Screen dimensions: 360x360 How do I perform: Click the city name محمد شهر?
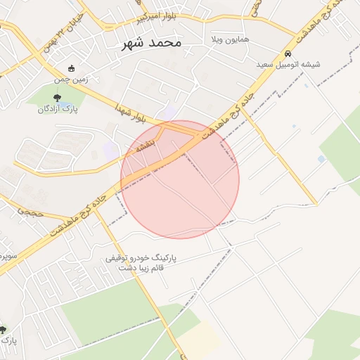pos(151,43)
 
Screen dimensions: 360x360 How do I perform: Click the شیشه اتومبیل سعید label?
pos(288,64)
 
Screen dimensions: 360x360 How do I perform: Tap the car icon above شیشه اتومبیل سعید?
pos(288,53)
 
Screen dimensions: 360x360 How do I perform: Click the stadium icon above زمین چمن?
pos(71,69)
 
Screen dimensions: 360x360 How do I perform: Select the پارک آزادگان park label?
pos(57,109)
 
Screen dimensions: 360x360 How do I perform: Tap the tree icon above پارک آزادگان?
pos(57,98)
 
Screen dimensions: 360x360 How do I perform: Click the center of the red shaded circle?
pos(180,179)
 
